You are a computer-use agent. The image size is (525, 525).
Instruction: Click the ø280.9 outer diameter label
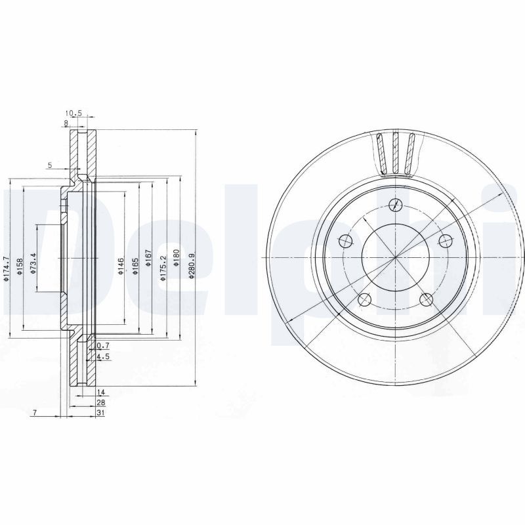(190, 265)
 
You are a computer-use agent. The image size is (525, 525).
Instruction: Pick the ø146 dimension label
(120, 265)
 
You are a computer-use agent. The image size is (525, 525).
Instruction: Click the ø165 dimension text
(135, 265)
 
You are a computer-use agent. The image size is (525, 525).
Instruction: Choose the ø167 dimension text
(148, 265)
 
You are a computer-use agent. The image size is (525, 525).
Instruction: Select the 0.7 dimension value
(102, 345)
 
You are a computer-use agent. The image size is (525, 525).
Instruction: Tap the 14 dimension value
(100, 391)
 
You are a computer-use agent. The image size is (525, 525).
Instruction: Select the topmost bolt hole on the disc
(394, 205)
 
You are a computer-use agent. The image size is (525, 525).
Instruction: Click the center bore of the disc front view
(394, 257)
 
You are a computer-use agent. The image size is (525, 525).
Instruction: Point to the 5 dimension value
(49, 165)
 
